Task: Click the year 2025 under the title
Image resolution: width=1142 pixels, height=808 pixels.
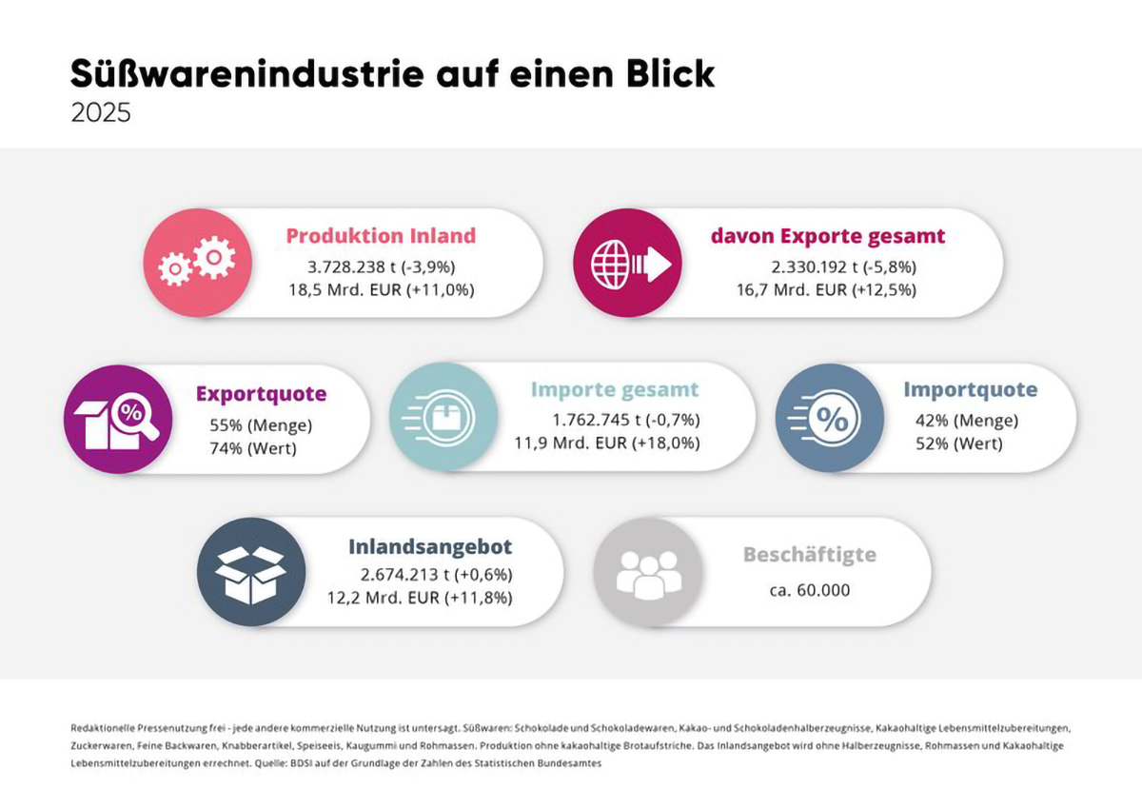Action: (x=101, y=112)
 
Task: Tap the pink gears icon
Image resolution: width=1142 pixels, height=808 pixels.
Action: (x=197, y=263)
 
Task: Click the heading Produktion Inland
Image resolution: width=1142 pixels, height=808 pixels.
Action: (x=381, y=235)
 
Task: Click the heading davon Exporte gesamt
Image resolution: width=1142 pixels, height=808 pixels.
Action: (x=828, y=235)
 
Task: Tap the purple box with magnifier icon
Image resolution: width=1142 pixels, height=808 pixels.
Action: (x=118, y=419)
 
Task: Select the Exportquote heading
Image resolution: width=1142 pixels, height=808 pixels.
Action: (x=261, y=394)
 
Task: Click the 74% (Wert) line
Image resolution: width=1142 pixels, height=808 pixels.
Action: (x=253, y=448)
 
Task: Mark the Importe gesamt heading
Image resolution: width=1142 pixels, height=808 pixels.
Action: (x=615, y=389)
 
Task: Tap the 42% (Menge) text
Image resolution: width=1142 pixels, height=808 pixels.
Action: (x=967, y=421)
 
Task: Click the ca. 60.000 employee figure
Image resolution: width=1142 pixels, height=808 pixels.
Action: (x=810, y=590)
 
